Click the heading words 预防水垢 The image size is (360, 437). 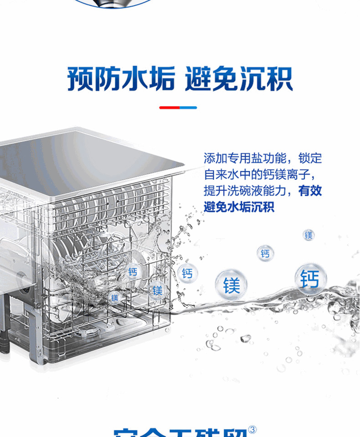pos(120,78)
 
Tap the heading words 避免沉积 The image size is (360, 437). pos(238,78)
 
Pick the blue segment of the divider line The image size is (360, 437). pos(188,108)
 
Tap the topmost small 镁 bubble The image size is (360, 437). pos(309,235)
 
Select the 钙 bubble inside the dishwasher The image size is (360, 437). pos(133,272)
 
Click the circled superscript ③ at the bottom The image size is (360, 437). pos(252,430)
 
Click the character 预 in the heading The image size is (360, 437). pos(81,78)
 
